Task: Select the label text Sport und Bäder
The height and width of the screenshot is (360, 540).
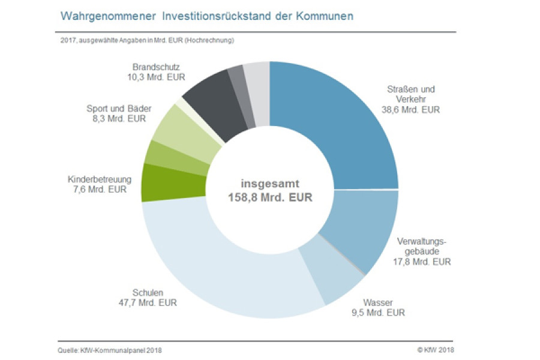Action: click(119, 109)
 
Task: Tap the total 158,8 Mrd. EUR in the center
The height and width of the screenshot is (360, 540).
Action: click(270, 197)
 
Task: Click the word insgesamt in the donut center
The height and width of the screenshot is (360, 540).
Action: click(270, 183)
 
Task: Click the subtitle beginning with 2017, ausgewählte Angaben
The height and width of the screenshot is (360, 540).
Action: click(146, 40)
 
